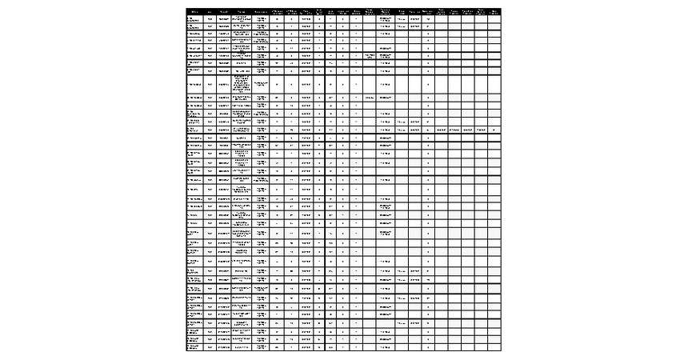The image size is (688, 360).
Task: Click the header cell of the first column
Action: (194, 11)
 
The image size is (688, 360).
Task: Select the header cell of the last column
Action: (494, 11)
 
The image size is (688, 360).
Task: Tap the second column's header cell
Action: (210, 11)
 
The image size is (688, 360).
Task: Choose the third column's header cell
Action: (223, 11)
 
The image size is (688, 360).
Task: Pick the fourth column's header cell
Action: (242, 11)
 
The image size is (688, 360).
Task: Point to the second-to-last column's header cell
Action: (480, 11)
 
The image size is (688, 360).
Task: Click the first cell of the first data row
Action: (194, 18)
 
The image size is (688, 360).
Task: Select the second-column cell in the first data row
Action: (210, 18)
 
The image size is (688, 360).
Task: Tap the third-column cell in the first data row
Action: (223, 18)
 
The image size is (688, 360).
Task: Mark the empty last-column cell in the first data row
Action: (494, 18)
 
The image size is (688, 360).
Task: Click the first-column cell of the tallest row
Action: (194, 84)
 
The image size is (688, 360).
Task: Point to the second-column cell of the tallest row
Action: (210, 84)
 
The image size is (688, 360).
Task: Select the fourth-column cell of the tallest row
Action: (242, 84)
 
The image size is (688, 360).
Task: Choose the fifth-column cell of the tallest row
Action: (261, 84)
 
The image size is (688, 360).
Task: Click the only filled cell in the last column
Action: (494, 129)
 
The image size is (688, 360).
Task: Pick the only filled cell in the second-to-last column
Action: (480, 129)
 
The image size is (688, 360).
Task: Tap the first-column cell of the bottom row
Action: (194, 348)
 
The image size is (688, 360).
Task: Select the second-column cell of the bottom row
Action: (210, 348)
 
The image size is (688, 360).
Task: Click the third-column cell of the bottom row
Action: (223, 348)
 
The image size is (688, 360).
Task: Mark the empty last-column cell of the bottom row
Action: (494, 348)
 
